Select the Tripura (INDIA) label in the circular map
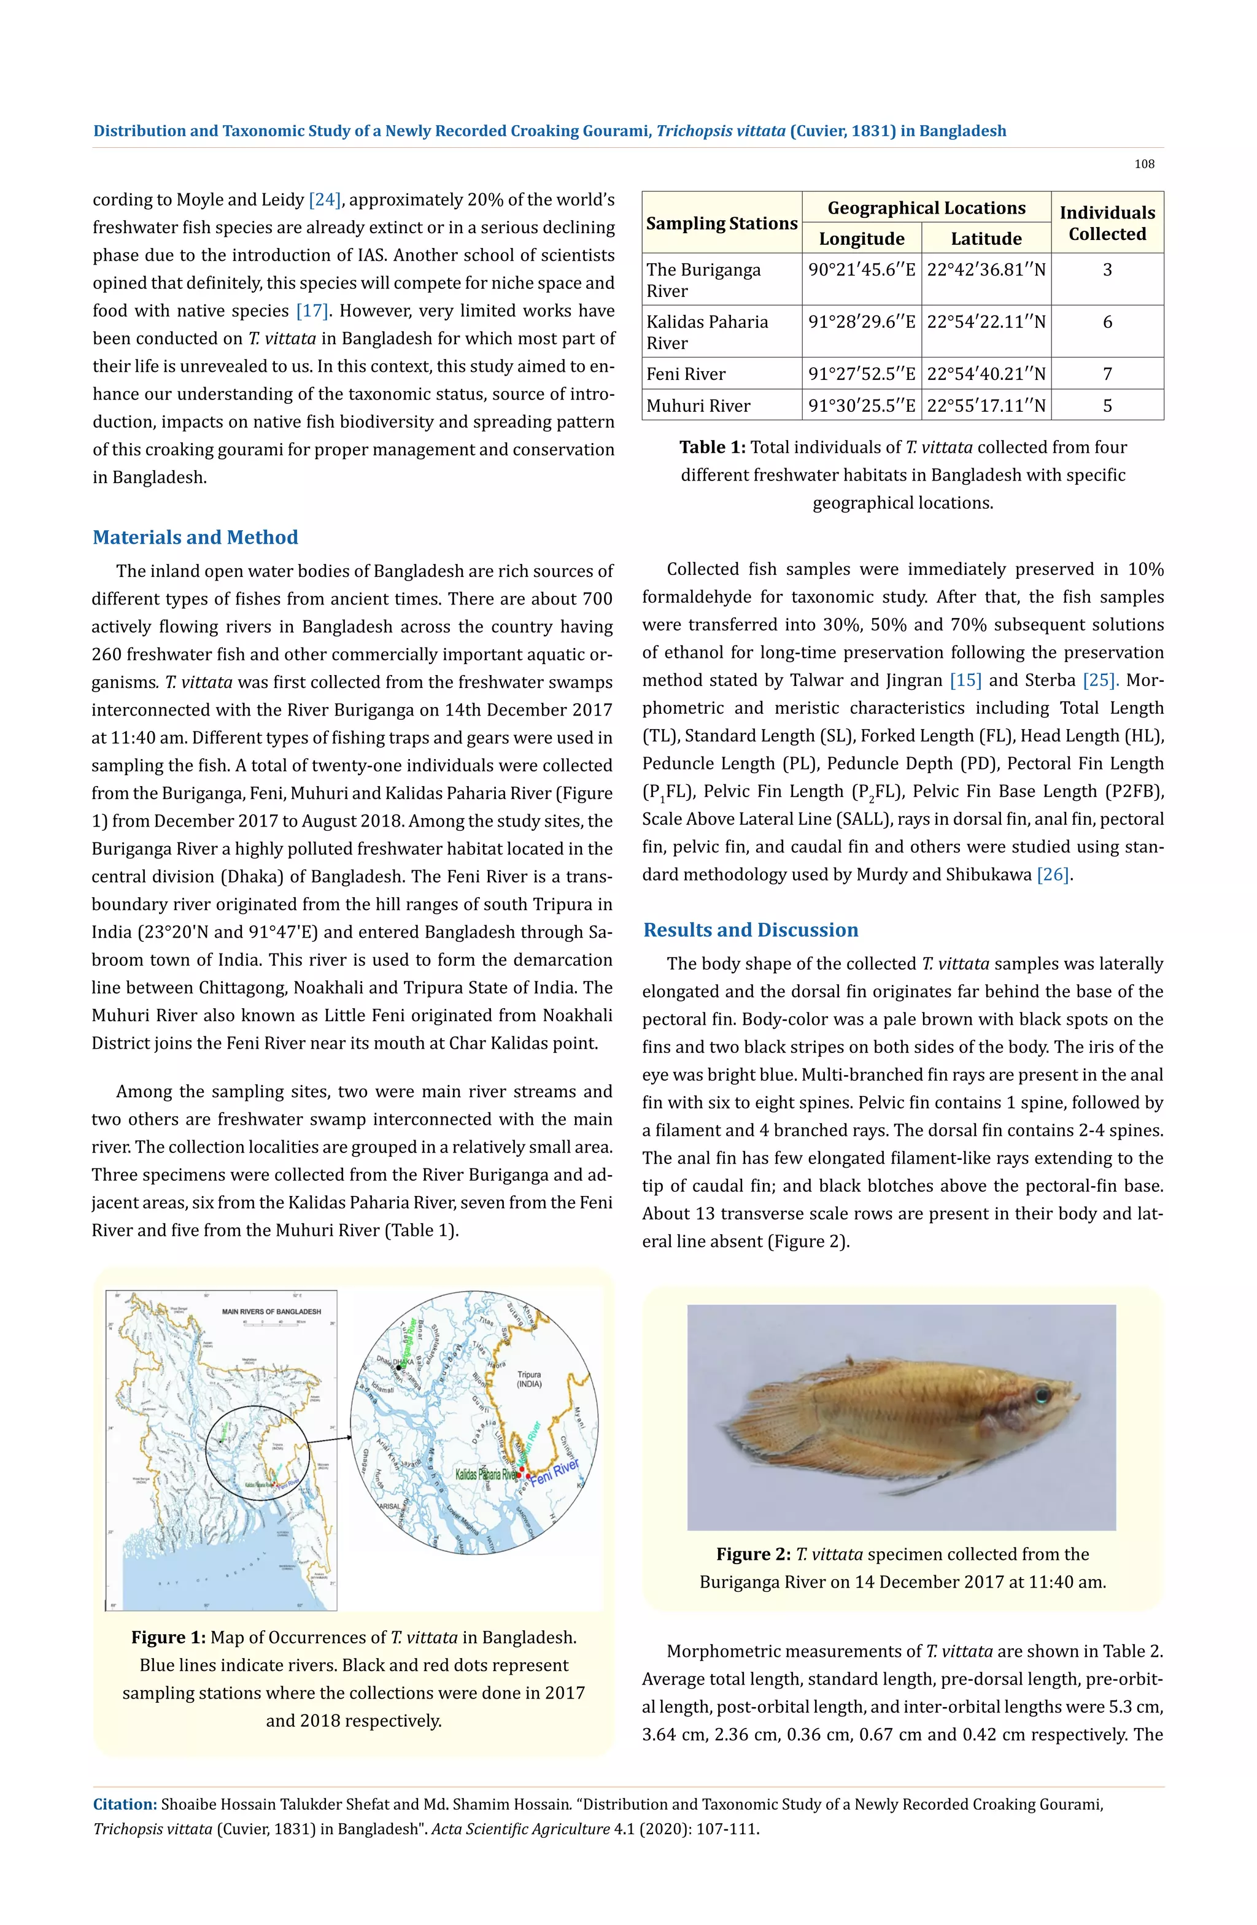[x=529, y=1379]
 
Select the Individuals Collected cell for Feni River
[x=1107, y=374]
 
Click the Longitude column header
[x=862, y=239]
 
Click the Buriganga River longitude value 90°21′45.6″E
[x=862, y=269]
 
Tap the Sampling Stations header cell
[x=722, y=223]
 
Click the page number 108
[x=1143, y=164]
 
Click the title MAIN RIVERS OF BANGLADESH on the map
[x=271, y=1311]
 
